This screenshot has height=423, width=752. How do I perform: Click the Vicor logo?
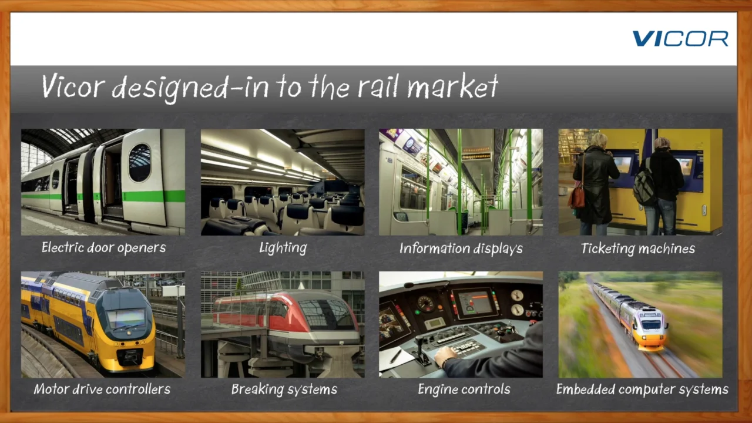680,38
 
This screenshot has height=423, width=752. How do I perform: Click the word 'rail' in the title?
378,86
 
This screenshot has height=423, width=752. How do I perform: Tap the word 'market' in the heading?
453,86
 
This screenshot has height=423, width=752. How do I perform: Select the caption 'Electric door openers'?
104,248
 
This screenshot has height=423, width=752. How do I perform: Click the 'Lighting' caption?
283,248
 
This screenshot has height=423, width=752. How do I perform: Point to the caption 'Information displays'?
461,249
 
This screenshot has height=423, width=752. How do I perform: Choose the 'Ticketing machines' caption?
638,249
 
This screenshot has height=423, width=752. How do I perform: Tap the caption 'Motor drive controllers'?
102,389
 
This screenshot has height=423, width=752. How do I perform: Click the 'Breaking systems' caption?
284,390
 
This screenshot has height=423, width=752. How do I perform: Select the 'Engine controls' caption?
464,390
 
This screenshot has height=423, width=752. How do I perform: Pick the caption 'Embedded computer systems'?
642,390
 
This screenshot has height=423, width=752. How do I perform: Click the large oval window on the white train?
140,163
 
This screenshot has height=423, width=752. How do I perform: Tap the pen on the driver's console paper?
396,356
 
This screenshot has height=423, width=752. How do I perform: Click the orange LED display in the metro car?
476,156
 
